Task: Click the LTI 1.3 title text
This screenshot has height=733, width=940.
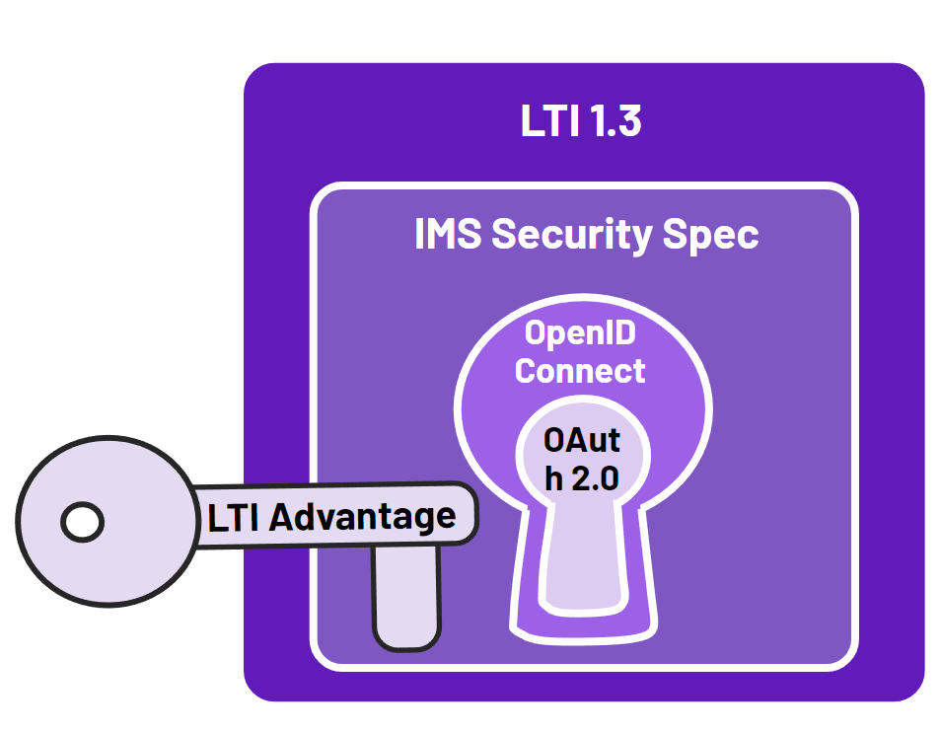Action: (581, 121)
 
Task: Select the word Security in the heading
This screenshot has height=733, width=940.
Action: (569, 235)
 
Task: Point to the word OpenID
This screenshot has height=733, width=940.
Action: (580, 333)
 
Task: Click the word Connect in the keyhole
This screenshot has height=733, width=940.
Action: (580, 371)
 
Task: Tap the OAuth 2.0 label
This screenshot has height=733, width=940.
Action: (582, 459)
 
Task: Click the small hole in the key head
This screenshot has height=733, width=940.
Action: (82, 521)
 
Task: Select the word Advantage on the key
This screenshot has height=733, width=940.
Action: (363, 516)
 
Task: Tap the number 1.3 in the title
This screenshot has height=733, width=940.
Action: (613, 121)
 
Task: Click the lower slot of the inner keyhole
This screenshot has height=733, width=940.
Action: (582, 562)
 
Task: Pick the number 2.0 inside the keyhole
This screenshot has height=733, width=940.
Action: (595, 478)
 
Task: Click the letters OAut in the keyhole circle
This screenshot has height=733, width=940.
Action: (582, 439)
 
